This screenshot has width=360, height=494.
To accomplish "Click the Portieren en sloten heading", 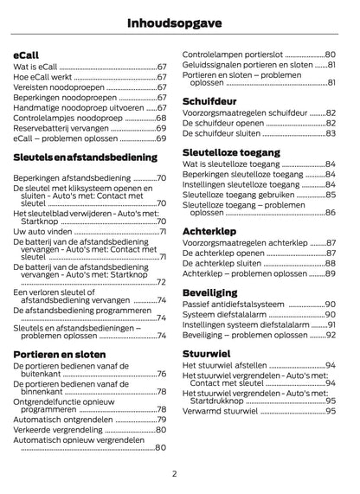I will click(x=60, y=354).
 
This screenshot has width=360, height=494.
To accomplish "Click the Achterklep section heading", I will click(x=208, y=231).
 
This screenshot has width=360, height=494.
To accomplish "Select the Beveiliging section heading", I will click(x=209, y=292).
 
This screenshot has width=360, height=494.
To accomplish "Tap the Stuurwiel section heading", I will click(x=205, y=353).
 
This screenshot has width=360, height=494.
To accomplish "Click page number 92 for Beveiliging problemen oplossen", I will click(x=330, y=334).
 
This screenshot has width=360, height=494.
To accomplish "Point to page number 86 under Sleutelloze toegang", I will click(x=330, y=212).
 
